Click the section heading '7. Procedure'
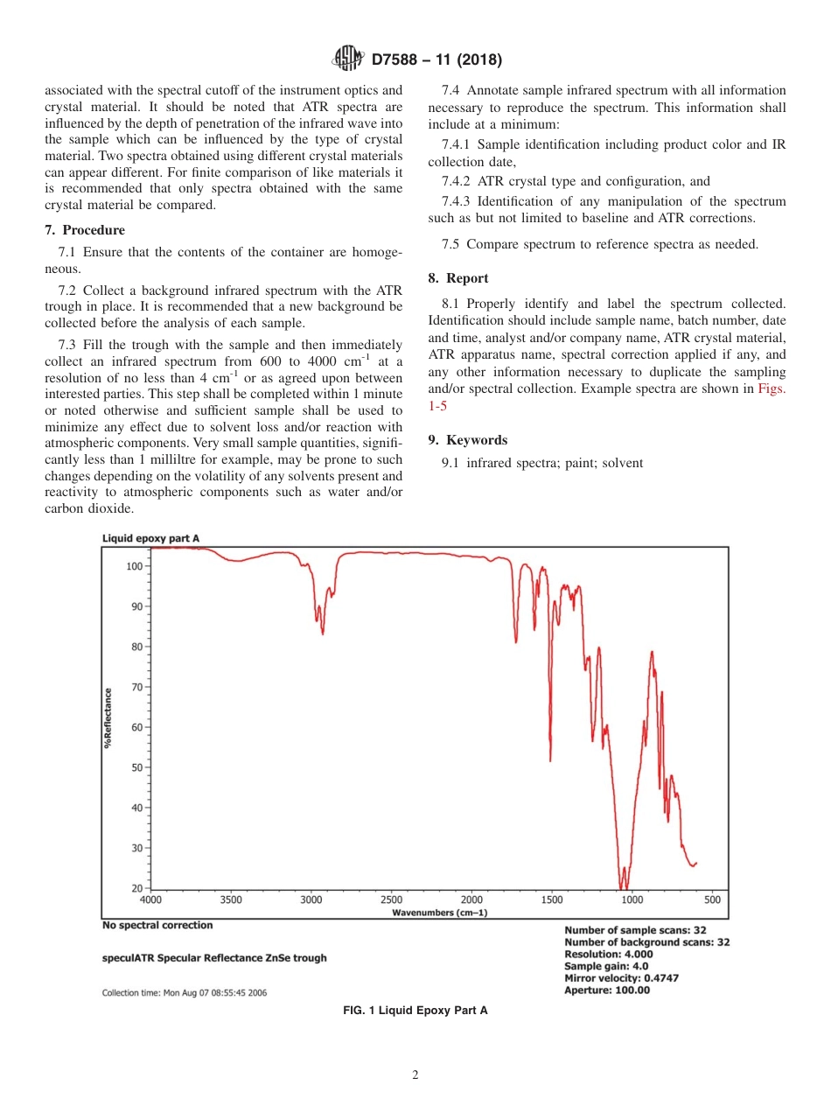click(x=85, y=230)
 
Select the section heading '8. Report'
click(x=457, y=278)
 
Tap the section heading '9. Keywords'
click(x=468, y=440)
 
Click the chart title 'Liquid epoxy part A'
click(x=150, y=538)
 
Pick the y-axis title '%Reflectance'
click(x=108, y=717)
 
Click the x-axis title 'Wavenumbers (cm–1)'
click(x=440, y=913)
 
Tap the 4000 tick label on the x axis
click(x=151, y=899)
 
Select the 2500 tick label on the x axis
click(x=391, y=899)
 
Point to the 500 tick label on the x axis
click(x=712, y=899)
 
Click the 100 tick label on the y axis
click(x=134, y=566)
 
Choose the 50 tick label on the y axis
click(x=136, y=767)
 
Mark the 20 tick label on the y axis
click(x=136, y=888)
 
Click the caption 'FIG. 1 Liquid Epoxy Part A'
click(x=415, y=1011)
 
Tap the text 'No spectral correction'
click(x=157, y=925)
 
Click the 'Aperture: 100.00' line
click(x=607, y=990)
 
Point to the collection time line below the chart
click(x=185, y=993)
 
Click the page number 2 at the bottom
click(x=415, y=1076)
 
